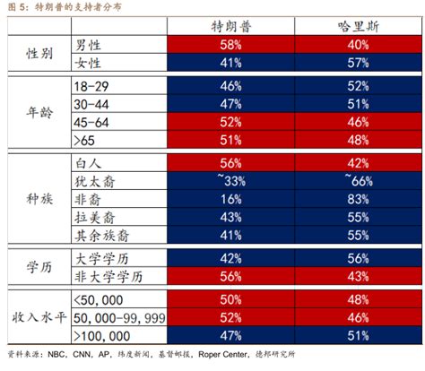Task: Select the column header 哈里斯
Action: coord(356,26)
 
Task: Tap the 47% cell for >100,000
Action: coord(230,337)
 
